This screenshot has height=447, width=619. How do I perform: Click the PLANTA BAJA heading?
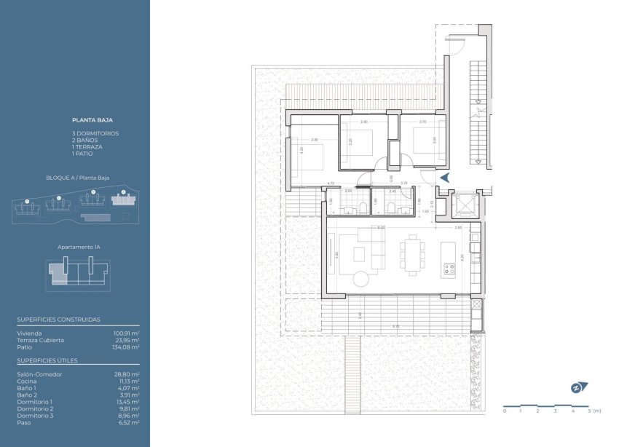tap(92, 119)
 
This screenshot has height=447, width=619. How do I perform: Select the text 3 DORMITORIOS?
tap(95, 134)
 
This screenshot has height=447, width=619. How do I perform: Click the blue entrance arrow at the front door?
tap(446, 177)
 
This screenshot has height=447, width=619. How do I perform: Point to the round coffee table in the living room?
tap(362, 278)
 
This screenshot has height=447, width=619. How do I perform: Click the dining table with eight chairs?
tap(413, 255)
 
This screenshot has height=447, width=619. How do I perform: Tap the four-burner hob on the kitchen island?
tap(449, 271)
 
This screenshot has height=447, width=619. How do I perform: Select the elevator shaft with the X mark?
tap(462, 205)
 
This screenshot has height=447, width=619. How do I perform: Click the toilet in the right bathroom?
tap(392, 210)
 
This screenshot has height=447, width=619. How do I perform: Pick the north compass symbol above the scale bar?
tap(580, 387)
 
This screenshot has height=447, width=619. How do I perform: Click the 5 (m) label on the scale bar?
tap(594, 411)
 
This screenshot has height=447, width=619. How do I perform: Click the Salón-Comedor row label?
tap(39, 374)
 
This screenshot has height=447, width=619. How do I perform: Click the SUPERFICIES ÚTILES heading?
tap(47, 360)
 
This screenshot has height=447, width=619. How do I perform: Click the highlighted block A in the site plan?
tap(122, 198)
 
